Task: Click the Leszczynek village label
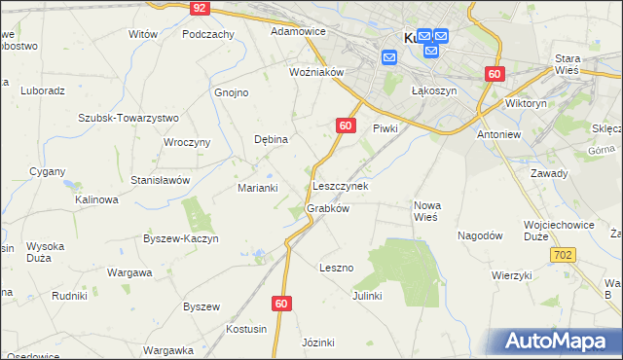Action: point(340,185)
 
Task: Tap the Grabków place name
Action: point(328,208)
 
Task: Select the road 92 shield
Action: point(199,7)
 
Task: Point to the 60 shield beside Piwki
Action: point(346,126)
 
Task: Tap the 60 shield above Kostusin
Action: point(281,304)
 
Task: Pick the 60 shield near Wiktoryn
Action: point(495,74)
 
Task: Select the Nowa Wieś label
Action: point(428,211)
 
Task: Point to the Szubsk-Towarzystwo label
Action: point(128,117)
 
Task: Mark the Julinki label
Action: point(367,295)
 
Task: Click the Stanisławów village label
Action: point(161,180)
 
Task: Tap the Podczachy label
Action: point(208,33)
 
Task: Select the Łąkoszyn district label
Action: point(434,90)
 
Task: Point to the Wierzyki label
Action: point(512,275)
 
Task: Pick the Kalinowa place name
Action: point(97,199)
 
